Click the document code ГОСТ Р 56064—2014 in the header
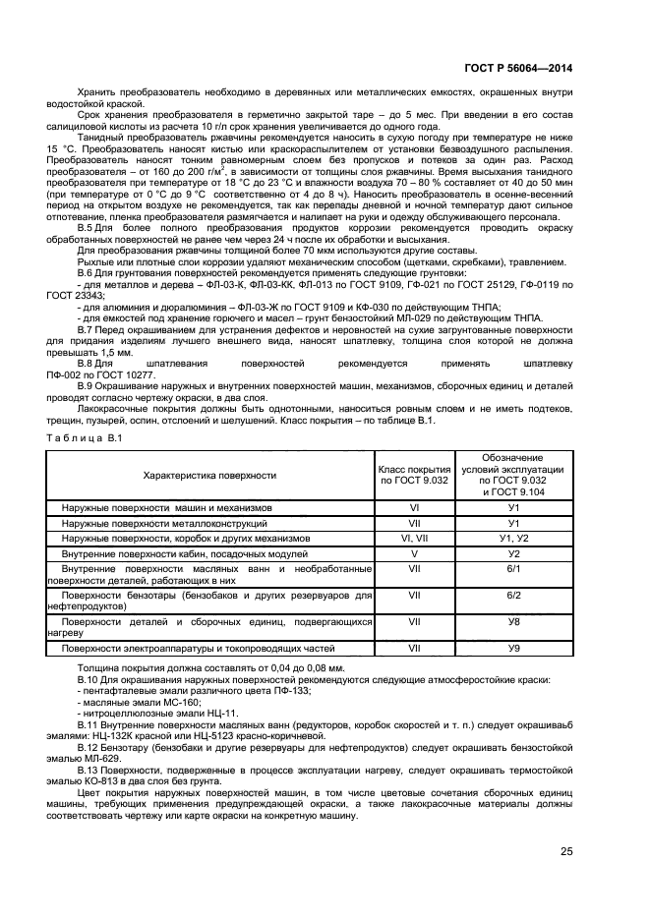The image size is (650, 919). coord(517,69)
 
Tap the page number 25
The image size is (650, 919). coord(566,851)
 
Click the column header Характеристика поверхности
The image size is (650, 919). coord(209,476)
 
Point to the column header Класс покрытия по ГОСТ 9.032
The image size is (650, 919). coord(414,476)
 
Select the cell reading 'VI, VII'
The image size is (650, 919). coord(414,539)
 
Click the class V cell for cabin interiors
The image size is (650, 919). coord(414,553)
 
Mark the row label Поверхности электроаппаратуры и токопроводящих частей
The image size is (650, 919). coord(192,648)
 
